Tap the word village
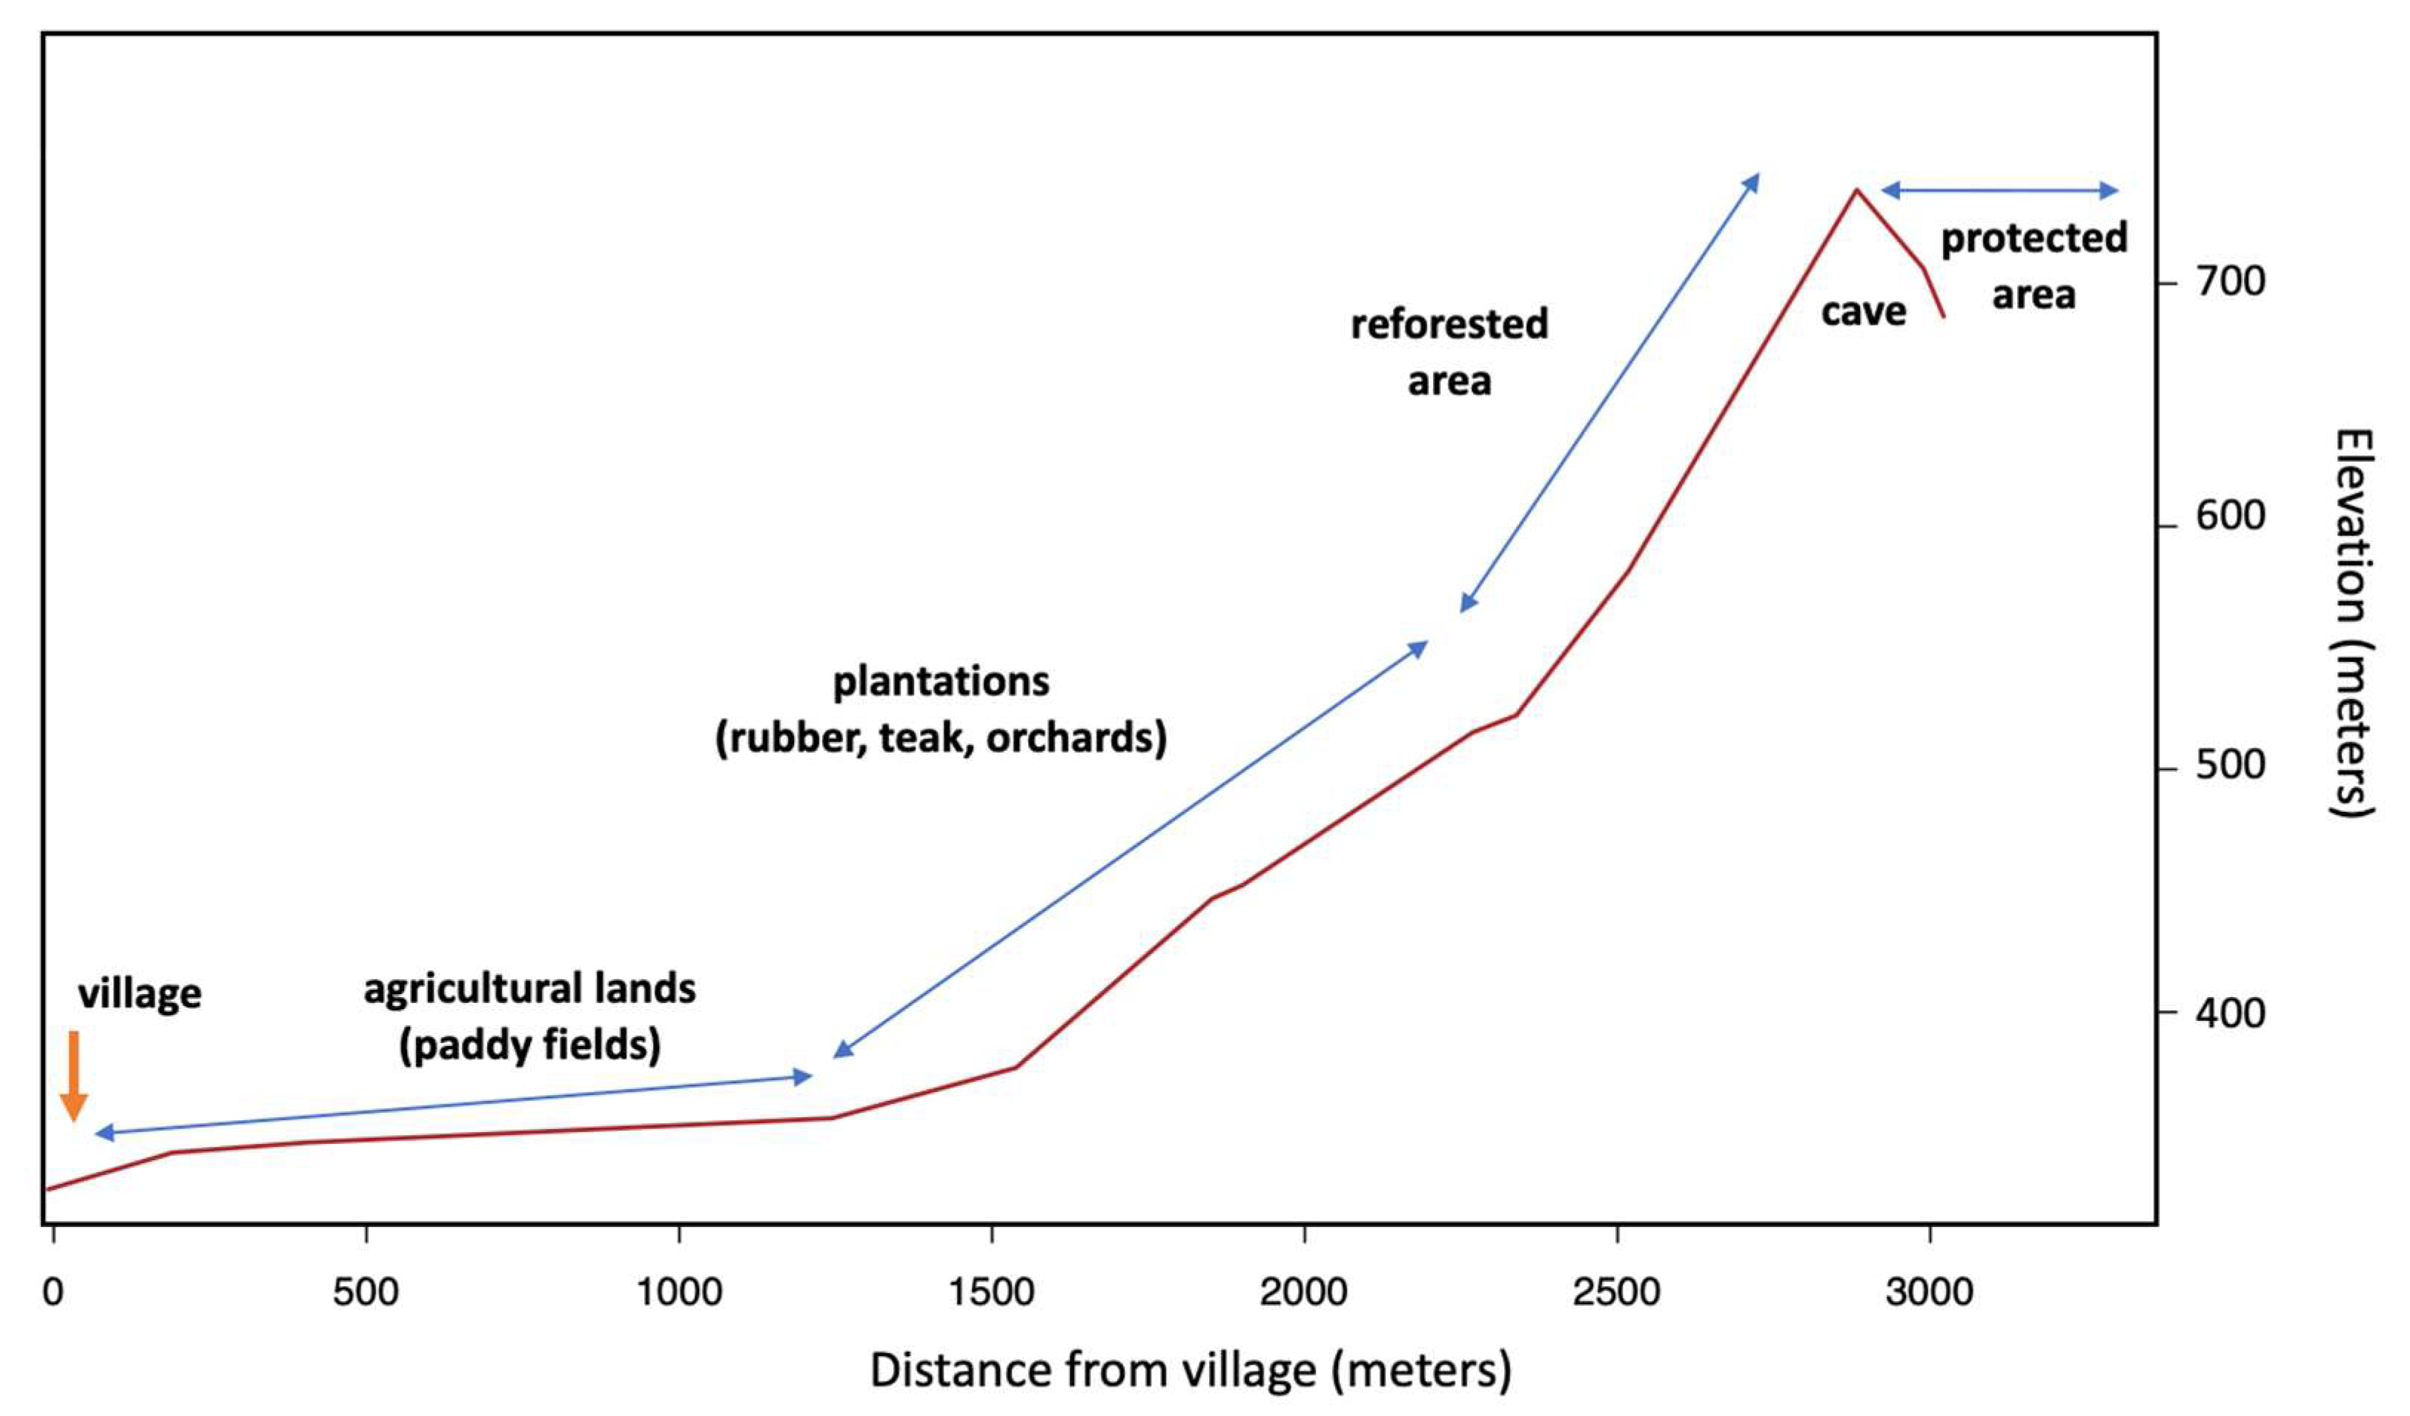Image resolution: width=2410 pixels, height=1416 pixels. [139, 994]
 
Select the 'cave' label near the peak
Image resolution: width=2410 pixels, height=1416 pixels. [1863, 311]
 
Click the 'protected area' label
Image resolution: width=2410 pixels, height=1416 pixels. [2033, 266]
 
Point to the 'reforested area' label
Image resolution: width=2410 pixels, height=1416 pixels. [1449, 352]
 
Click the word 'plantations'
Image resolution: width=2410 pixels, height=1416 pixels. [941, 682]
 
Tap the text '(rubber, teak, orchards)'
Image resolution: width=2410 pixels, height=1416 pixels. [941, 738]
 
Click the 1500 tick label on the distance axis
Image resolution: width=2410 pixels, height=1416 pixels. [991, 1293]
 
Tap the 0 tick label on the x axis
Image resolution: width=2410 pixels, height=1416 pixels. [53, 1293]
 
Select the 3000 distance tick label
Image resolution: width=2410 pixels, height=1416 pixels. [1929, 1293]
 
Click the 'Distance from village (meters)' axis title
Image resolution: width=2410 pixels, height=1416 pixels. [1191, 1370]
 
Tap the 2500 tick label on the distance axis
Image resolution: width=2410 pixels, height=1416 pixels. [1616, 1293]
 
